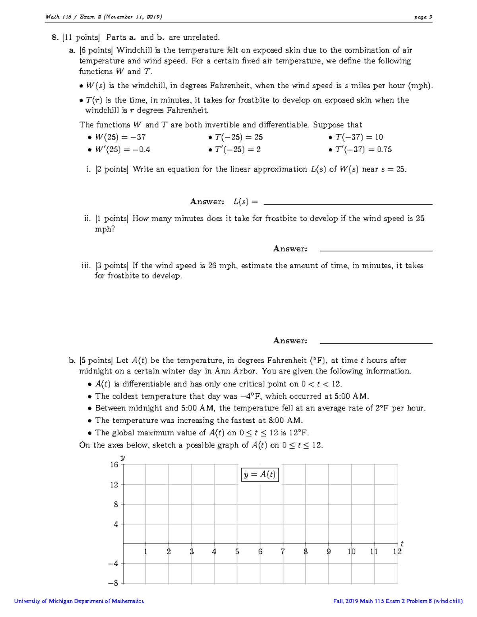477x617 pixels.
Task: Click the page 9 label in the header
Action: coord(423,17)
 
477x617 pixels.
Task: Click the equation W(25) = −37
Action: coord(120,137)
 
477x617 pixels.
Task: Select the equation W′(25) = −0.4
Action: coord(122,149)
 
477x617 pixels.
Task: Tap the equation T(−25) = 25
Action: coord(238,137)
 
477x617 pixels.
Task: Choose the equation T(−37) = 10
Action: coord(359,137)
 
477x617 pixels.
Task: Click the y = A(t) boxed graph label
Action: coord(260,474)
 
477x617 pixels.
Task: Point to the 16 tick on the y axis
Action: coord(114,464)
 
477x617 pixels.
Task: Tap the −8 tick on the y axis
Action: coord(113,583)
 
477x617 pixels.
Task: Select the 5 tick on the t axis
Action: coord(237,551)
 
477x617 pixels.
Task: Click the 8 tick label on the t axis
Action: coord(306,551)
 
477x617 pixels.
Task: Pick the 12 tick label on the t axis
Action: coord(397,551)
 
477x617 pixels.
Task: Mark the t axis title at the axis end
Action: coord(402,544)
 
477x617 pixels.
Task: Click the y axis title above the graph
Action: coord(122,458)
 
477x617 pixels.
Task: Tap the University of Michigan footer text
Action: coord(79,601)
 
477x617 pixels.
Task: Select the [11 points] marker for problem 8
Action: coord(81,37)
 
